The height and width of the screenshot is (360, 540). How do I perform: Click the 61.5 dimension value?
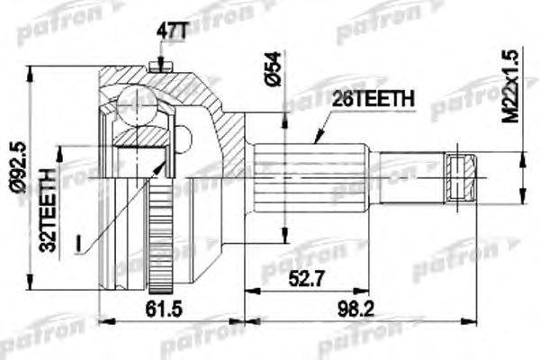pyautogui.click(x=166, y=308)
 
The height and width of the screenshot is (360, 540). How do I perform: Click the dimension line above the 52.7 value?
pyautogui.click(x=306, y=290)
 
